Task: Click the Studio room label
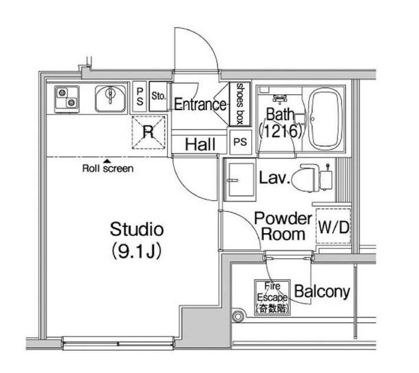[x=137, y=229]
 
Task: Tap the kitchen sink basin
[x=110, y=98]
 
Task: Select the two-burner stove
[x=67, y=99]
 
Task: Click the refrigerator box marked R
[x=148, y=132]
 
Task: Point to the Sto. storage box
[x=158, y=96]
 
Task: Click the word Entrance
[x=200, y=104]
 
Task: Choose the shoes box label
[x=240, y=104]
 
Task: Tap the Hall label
[x=200, y=145]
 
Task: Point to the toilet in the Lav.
[x=306, y=178]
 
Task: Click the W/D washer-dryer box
[x=333, y=226]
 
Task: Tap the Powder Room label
[x=283, y=226]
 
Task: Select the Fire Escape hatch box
[x=272, y=298]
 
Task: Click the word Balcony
[x=322, y=291]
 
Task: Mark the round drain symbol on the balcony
[x=237, y=317]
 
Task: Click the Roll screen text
[x=108, y=168]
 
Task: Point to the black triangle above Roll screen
[x=107, y=161]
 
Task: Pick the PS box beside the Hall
[x=240, y=142]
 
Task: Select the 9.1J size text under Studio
[x=136, y=251]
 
